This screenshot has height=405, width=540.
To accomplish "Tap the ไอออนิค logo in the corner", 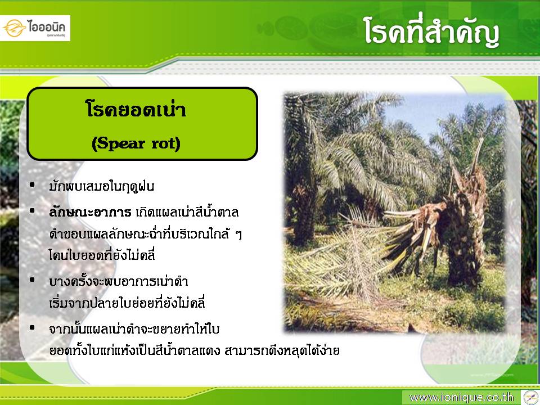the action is [35, 28].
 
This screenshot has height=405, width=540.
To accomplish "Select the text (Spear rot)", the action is [136, 143].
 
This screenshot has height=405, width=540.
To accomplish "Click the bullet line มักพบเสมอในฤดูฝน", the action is [102, 186].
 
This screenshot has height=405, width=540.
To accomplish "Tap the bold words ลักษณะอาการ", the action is [90, 212].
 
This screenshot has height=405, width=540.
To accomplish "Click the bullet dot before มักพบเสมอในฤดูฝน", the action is [33, 185].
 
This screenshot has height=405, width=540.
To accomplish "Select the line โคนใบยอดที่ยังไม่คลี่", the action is [102, 255].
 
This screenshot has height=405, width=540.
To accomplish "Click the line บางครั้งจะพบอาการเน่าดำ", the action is [119, 281].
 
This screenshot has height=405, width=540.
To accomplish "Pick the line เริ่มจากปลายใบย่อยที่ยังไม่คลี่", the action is [127, 303].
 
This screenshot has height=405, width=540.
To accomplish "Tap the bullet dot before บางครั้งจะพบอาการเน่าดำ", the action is [33, 280].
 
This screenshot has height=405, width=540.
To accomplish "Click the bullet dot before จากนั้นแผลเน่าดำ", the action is [33, 328].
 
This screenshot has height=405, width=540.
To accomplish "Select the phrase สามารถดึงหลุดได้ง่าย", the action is [282, 350].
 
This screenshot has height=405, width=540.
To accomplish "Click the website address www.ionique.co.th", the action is [461, 398].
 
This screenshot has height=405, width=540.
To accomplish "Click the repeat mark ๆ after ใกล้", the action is [238, 235].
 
